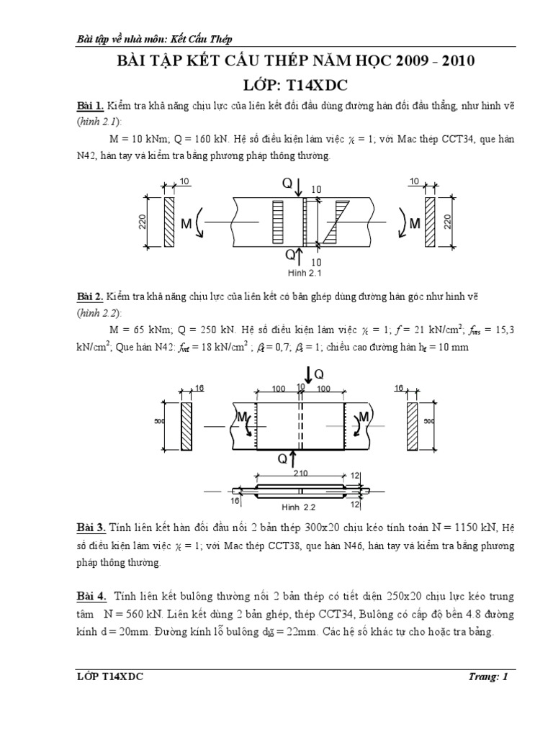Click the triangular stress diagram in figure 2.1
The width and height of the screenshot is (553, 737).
tap(333, 221)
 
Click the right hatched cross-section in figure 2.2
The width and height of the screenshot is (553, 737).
tap(412, 426)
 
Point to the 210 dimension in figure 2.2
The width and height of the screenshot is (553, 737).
tap(300, 473)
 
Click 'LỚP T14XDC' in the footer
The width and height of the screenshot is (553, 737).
tap(109, 676)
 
